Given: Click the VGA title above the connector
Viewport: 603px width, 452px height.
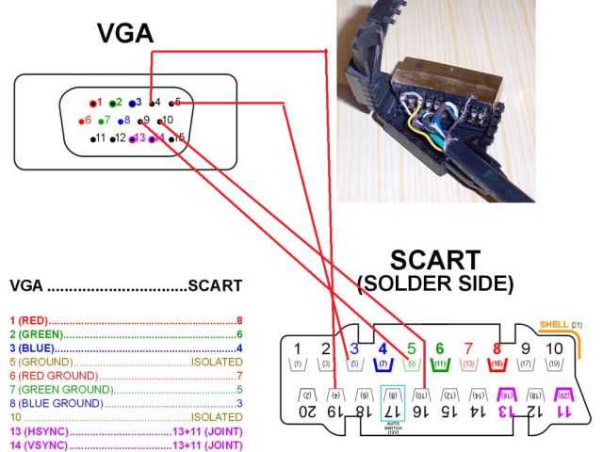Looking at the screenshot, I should (x=125, y=34).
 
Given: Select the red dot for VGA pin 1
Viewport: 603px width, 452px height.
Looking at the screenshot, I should (x=92, y=102).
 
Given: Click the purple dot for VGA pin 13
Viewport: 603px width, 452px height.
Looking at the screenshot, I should (x=131, y=138).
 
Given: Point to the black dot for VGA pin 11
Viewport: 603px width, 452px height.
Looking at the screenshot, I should (x=93, y=138).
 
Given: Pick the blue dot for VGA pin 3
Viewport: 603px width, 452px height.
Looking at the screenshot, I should (x=131, y=102).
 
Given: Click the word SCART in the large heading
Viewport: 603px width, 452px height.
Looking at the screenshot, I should (x=435, y=261).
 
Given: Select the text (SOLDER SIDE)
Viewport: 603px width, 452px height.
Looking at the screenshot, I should (x=434, y=283).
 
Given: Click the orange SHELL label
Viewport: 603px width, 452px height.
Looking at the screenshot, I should (x=554, y=325).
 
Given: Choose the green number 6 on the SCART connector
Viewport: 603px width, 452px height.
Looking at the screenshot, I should (x=439, y=347).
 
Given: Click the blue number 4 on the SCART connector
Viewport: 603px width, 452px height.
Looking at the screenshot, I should (x=383, y=347).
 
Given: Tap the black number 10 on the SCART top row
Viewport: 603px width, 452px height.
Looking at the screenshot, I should (x=553, y=347).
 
